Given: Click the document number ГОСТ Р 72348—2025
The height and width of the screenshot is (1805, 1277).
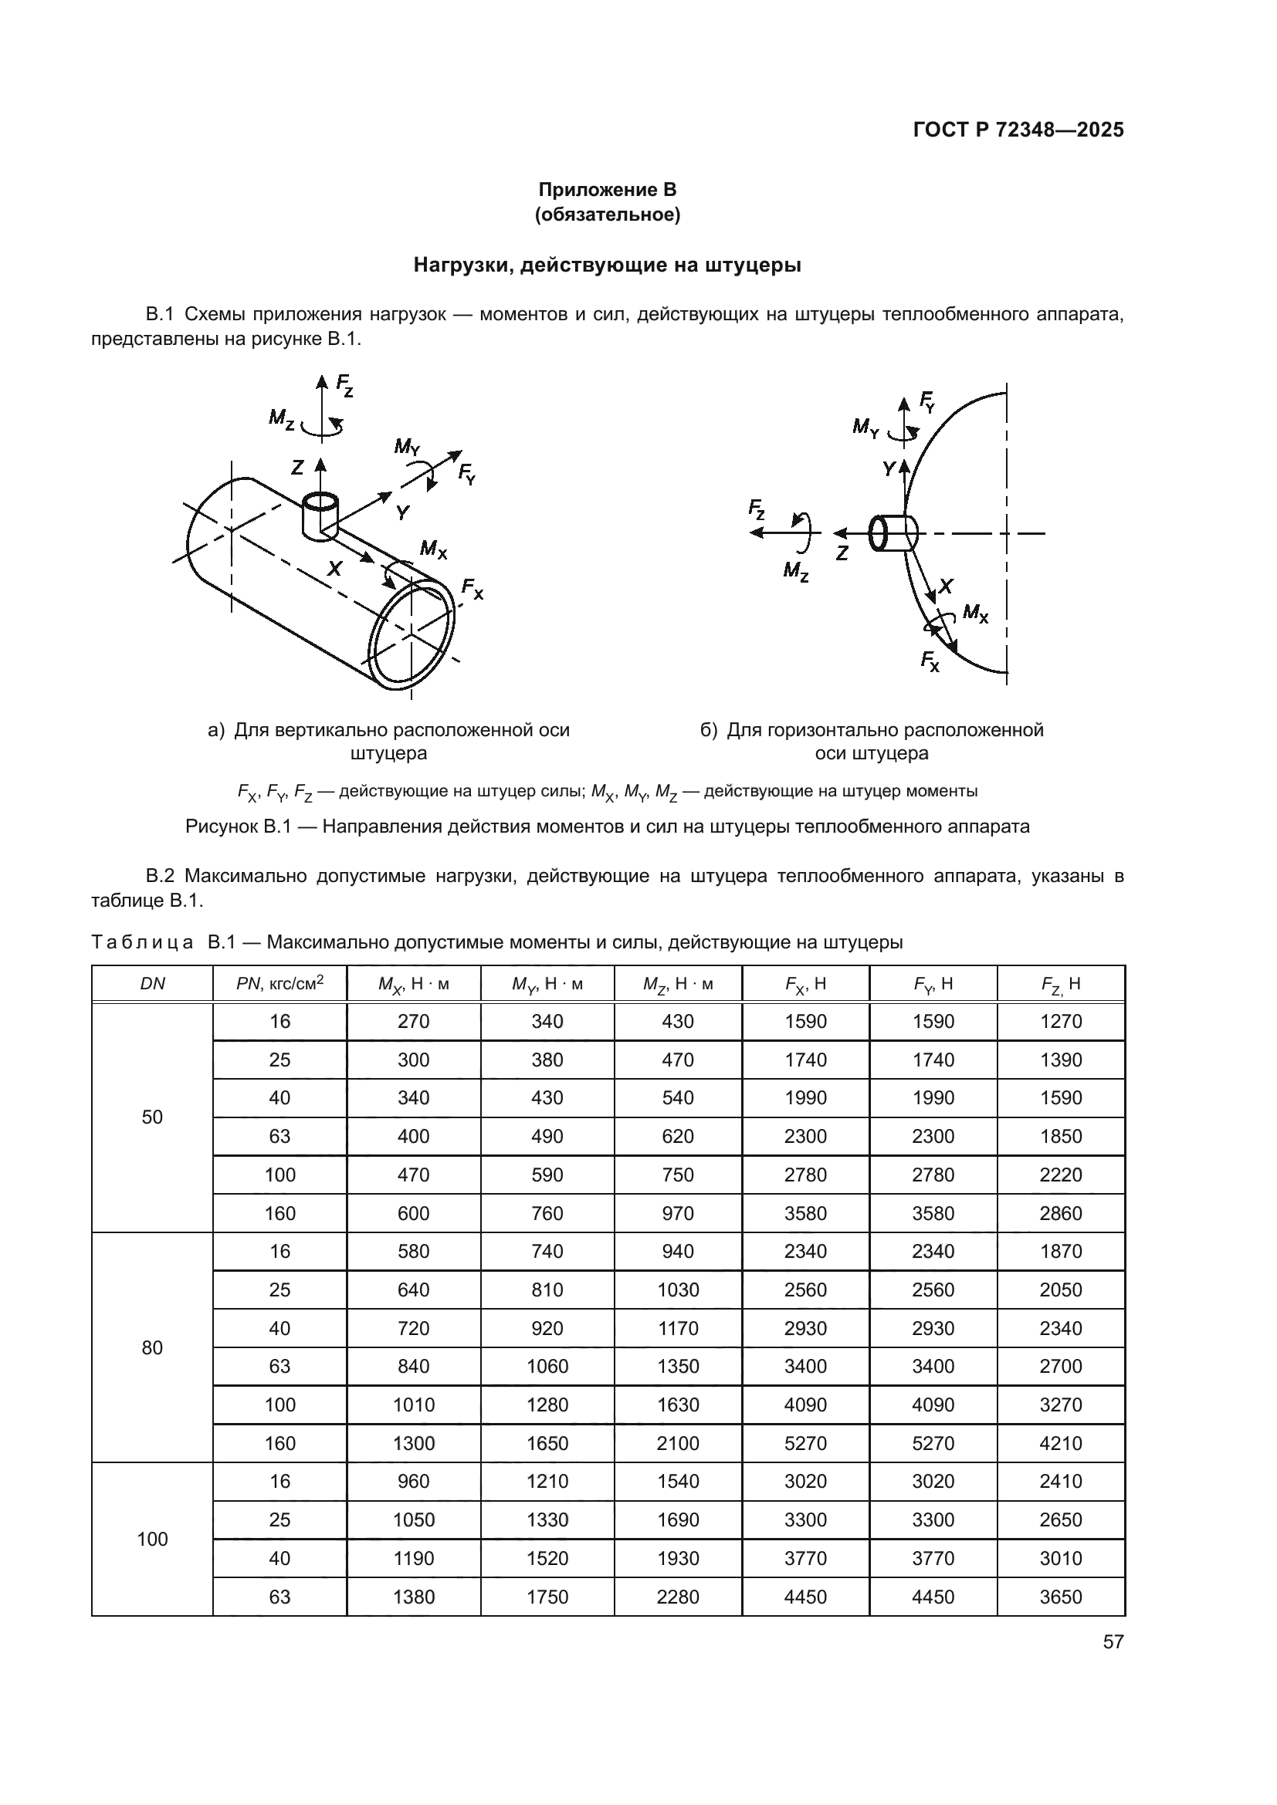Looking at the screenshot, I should (x=1018, y=130).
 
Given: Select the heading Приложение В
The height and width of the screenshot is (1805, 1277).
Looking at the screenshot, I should (x=607, y=190).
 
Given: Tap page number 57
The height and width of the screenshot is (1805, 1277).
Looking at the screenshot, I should (x=1113, y=1641).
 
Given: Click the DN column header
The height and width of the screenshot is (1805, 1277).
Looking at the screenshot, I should (x=152, y=983).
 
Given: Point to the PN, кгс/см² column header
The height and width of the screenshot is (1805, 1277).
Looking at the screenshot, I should (x=279, y=983).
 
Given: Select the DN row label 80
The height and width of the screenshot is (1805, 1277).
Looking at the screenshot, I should (x=152, y=1347).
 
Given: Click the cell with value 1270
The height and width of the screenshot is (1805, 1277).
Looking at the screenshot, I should (x=1060, y=1021).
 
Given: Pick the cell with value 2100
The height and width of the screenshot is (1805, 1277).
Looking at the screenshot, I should (x=677, y=1443).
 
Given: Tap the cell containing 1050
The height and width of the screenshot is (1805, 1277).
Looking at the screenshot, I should (x=413, y=1519).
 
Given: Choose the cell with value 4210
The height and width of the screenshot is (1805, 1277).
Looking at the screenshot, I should (x=1060, y=1443).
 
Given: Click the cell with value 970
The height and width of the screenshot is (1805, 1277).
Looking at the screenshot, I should (x=677, y=1213).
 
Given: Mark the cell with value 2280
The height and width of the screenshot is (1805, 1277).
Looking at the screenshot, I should (x=677, y=1597).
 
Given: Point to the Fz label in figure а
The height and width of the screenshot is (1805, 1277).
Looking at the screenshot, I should (x=344, y=385).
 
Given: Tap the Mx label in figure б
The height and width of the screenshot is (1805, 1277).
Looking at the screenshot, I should (x=975, y=613).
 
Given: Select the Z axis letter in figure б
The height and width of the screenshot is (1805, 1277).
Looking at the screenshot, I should (x=842, y=553).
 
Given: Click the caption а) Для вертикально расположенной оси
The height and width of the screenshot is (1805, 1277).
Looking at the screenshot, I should (x=388, y=729).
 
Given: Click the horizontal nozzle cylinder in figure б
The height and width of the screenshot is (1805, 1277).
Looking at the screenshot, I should (x=894, y=534).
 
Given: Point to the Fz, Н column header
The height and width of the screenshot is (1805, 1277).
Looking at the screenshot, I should (x=1060, y=983).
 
